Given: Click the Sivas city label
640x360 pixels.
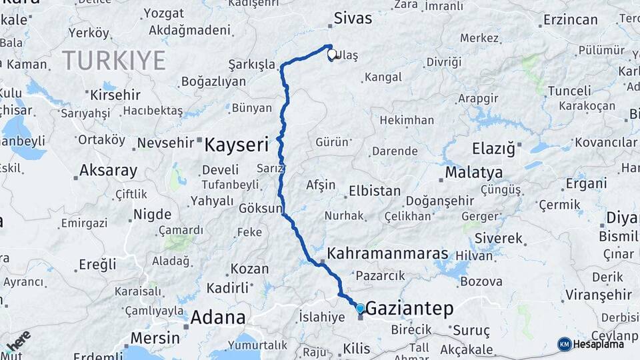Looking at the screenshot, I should pyautogui.click(x=353, y=18).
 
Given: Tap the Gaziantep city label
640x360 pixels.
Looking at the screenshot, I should pyautogui.click(x=409, y=308).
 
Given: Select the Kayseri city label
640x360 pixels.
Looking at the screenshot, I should pyautogui.click(x=236, y=144).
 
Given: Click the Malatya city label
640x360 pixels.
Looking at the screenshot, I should pyautogui.click(x=473, y=172).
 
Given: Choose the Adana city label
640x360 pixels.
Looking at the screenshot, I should pyautogui.click(x=218, y=317).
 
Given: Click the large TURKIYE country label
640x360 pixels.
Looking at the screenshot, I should pyautogui.click(x=114, y=61).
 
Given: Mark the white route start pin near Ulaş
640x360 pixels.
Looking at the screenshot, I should pyautogui.click(x=331, y=54).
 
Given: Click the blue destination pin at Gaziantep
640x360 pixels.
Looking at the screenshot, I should pyautogui.click(x=361, y=309).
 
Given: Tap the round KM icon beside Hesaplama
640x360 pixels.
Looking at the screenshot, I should pyautogui.click(x=565, y=344).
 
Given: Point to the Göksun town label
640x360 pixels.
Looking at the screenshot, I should pyautogui.click(x=260, y=209).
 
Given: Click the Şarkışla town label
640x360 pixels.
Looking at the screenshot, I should pyautogui.click(x=252, y=65).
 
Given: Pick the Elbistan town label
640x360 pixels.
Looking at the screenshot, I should pyautogui.click(x=375, y=191).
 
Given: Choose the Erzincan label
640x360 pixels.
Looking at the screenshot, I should pyautogui.click(x=570, y=20).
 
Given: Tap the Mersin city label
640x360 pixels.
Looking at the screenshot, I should pyautogui.click(x=155, y=337).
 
